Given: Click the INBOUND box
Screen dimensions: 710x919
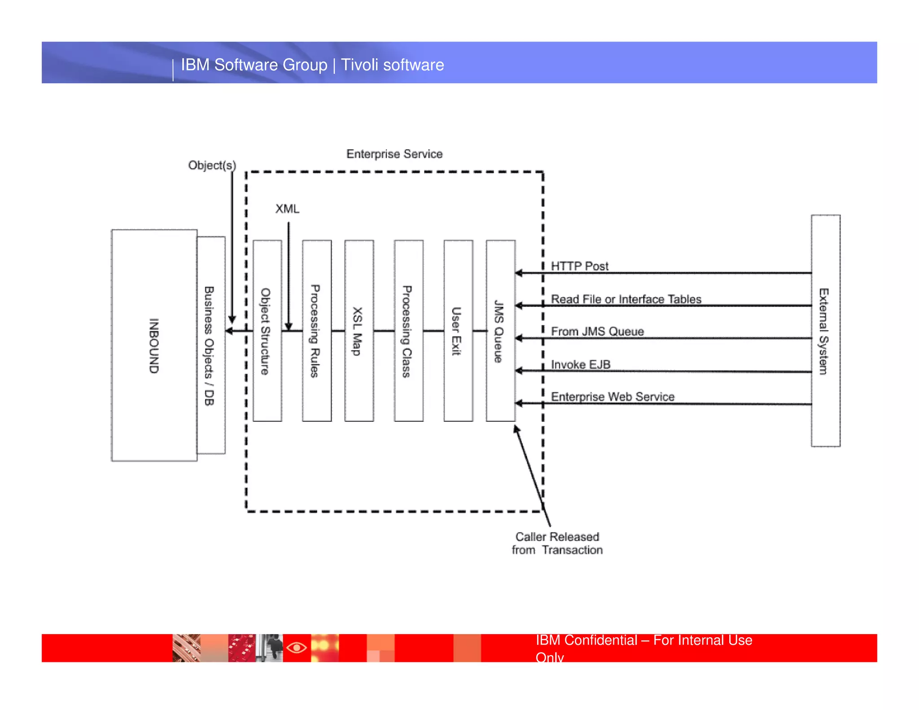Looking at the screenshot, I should [154, 345].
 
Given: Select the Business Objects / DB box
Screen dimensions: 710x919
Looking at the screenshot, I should [211, 345].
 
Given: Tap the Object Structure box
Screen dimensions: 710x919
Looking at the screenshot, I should [267, 331].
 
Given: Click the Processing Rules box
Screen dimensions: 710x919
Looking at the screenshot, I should [316, 331].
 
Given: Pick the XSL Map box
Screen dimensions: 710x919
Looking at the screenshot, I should [359, 331].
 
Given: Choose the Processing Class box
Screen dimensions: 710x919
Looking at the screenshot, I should [408, 331].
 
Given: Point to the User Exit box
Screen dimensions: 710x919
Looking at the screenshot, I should [458, 331].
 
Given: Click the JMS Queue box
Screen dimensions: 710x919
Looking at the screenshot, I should [500, 331].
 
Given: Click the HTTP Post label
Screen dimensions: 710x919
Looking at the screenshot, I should [579, 266].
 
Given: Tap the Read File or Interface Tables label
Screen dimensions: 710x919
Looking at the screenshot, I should [626, 299].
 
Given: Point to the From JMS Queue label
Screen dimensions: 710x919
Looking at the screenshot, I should [597, 331].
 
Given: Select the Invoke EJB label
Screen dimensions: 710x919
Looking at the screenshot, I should [580, 364].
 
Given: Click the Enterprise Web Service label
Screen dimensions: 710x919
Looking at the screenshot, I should [612, 396].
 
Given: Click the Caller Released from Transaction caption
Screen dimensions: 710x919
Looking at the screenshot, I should [557, 543].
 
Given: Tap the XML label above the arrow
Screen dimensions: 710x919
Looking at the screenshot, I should [287, 209].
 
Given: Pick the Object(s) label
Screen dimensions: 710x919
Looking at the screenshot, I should [212, 165].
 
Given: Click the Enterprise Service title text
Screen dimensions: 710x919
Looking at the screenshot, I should [394, 154].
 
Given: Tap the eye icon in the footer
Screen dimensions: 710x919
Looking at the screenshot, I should [297, 648].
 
